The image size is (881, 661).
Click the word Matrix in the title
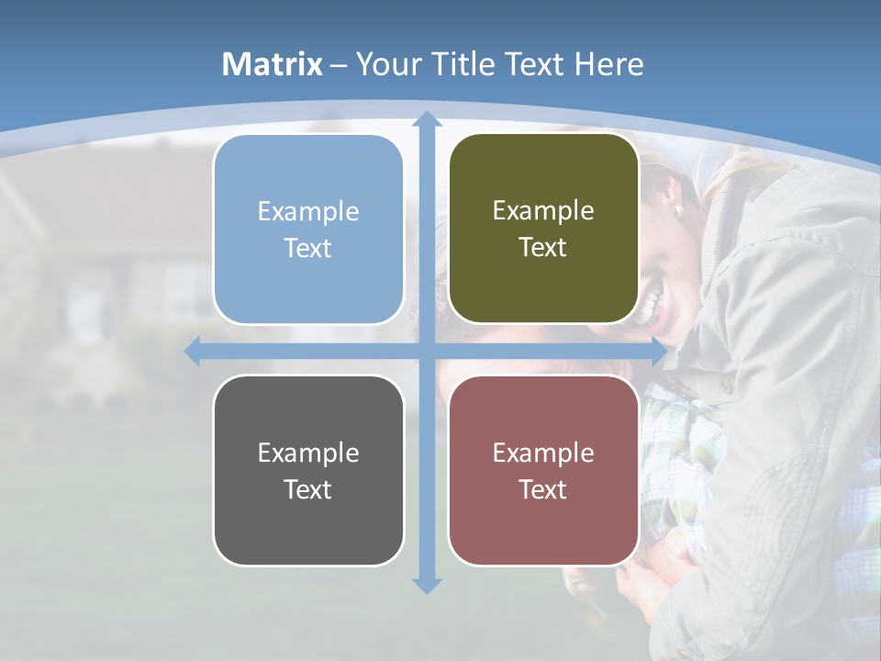[x=272, y=64]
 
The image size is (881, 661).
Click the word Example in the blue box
[x=308, y=212]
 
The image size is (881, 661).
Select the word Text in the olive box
[x=542, y=248]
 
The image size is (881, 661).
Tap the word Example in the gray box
[x=308, y=453]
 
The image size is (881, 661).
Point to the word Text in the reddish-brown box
[x=542, y=489]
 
